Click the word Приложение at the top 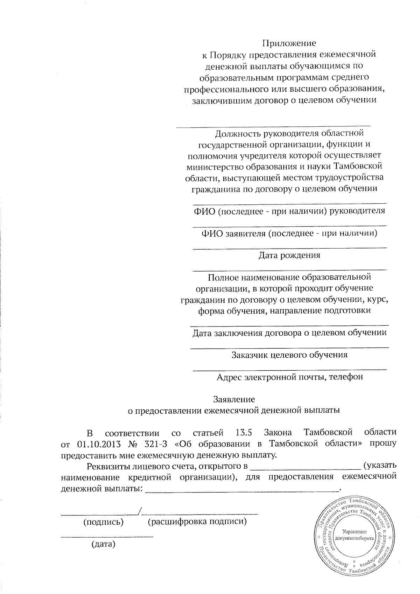[289, 43]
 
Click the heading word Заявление [234, 399]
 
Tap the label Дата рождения [289, 255]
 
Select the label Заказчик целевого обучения [289, 355]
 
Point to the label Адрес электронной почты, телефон [289, 377]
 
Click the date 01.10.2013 [98, 444]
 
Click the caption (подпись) [103, 522]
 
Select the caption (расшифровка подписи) [197, 522]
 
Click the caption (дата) [103, 544]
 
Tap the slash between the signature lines [140, 511]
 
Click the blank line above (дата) [107, 536]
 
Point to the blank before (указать [306, 468]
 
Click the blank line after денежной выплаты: [241, 491]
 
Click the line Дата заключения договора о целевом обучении [289, 333]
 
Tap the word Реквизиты [107, 466]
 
